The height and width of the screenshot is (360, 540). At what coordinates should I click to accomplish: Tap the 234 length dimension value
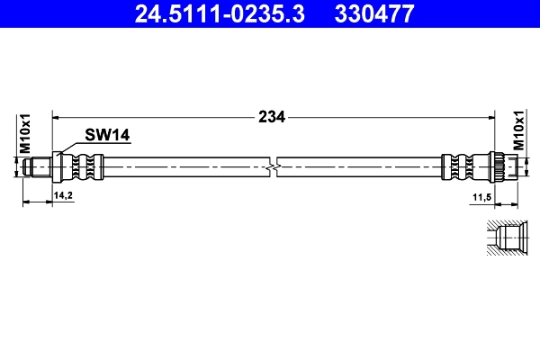pyautogui.click(x=271, y=116)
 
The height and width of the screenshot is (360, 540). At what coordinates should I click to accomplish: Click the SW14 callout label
pyautogui.click(x=108, y=135)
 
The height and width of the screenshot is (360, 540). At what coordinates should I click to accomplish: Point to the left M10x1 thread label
pyautogui.click(x=26, y=133)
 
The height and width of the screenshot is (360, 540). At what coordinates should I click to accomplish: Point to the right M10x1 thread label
pyautogui.click(x=519, y=133)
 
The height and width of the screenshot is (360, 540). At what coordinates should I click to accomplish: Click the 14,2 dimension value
pyautogui.click(x=63, y=194)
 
